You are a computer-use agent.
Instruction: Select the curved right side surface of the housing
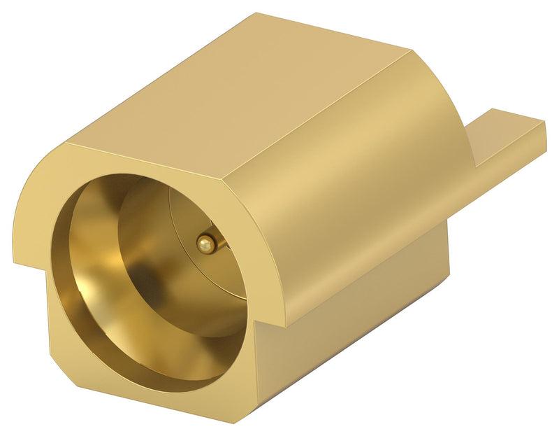click(363, 196)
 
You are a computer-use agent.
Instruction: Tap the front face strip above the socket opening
click(140, 161)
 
